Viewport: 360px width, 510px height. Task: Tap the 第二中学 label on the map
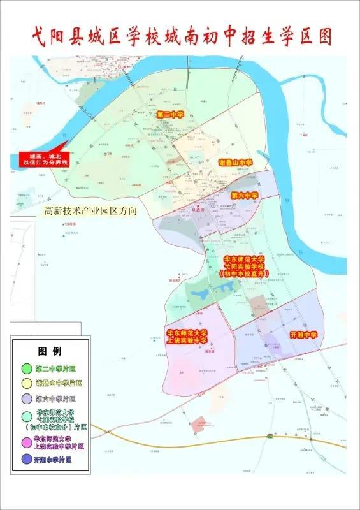[170, 115]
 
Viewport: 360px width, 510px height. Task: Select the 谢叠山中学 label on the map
[235, 163]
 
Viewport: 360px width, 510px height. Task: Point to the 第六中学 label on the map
[244, 195]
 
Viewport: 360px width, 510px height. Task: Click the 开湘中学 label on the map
[303, 334]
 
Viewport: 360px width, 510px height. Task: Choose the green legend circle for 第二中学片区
[26, 368]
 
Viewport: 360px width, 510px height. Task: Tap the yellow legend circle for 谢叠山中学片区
[26, 384]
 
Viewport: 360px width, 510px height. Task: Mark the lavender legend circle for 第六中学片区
[26, 400]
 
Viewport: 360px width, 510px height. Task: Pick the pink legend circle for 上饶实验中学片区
[26, 443]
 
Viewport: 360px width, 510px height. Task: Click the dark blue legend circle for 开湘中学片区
[26, 459]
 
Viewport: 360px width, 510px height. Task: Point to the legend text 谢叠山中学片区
[60, 384]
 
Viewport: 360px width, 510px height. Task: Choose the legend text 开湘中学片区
[56, 459]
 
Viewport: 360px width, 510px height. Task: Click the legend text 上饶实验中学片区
[60, 443]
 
